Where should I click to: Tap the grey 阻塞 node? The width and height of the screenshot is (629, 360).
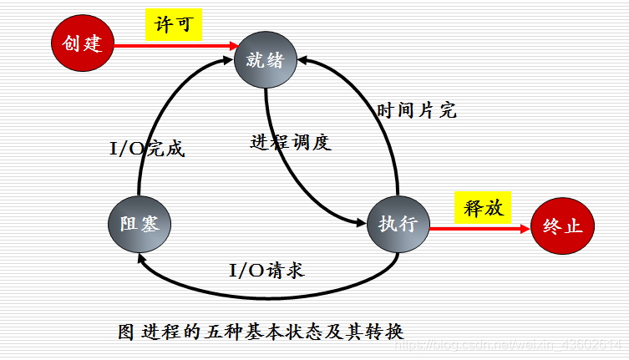click(139, 224)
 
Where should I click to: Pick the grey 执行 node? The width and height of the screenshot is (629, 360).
click(398, 224)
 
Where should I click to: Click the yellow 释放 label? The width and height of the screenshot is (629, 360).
click(482, 207)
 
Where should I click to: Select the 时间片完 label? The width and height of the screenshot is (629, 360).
click(416, 110)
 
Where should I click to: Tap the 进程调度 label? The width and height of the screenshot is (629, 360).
click(291, 141)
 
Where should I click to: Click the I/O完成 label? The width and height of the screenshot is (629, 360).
click(147, 149)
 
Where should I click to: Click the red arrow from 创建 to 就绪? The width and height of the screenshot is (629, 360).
click(171, 45)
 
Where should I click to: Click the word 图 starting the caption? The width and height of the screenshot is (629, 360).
click(126, 330)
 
